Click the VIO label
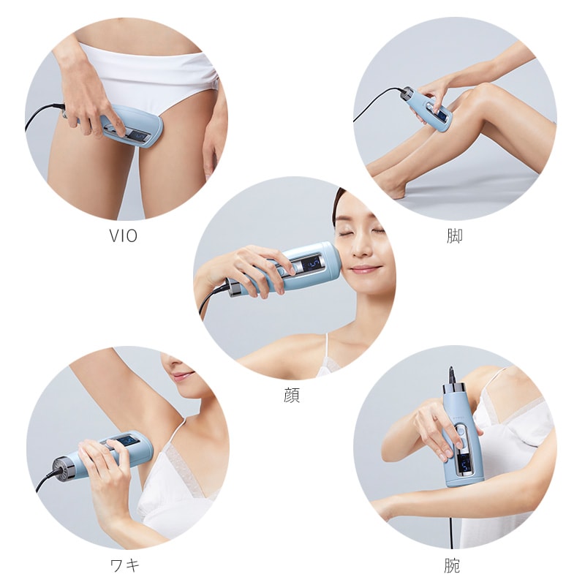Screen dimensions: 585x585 (123, 235)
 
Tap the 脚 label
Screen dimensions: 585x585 (454, 235)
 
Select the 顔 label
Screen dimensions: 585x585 (292, 396)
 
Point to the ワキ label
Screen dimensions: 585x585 (125, 565)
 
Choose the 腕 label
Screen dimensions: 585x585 (452, 565)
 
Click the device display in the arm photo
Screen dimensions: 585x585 (465, 464)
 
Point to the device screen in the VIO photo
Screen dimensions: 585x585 (137, 137)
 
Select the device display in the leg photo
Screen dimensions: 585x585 (441, 116)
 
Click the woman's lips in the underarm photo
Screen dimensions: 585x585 (184, 375)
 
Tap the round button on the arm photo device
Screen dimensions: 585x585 (460, 431)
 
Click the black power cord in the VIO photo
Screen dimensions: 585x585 (42, 114)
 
